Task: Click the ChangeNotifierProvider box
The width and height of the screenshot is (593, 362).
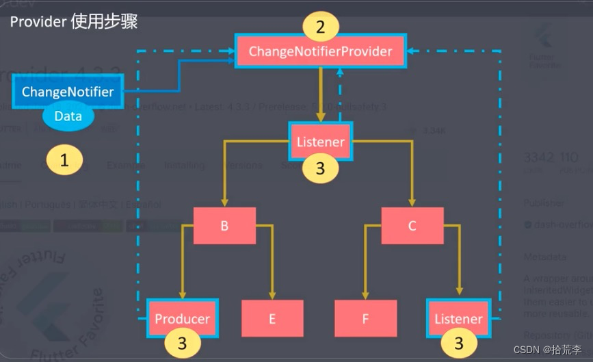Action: (x=320, y=51)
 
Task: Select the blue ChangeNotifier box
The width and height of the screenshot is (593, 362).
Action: (x=68, y=92)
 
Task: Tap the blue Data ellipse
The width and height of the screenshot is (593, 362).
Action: (x=68, y=116)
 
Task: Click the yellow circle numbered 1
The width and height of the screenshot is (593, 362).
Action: (x=64, y=161)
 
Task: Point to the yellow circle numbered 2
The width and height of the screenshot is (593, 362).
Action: (x=320, y=28)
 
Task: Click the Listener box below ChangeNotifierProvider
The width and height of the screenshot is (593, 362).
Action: (x=320, y=142)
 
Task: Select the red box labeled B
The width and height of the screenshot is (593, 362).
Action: (x=224, y=225)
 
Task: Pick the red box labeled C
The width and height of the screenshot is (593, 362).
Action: (x=412, y=225)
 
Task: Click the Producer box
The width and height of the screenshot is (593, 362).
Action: (x=182, y=318)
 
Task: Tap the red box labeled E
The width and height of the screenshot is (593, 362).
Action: (x=272, y=318)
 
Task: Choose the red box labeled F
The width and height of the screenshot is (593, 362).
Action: (x=365, y=318)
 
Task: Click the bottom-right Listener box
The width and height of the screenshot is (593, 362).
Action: (x=458, y=318)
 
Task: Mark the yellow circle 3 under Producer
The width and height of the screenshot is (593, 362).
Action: (x=182, y=343)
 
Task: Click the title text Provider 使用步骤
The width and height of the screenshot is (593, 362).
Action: (x=73, y=21)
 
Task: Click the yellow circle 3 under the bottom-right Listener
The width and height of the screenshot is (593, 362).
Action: (x=458, y=343)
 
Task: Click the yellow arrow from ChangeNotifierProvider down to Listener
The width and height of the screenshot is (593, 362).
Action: (x=320, y=96)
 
